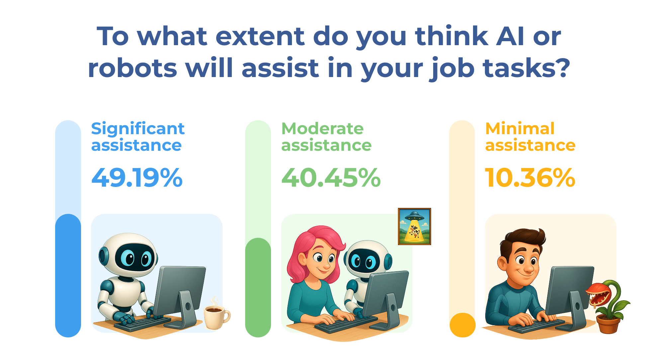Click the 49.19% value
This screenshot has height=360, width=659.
click(137, 178)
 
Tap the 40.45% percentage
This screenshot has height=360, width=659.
click(331, 178)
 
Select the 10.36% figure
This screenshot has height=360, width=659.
click(530, 178)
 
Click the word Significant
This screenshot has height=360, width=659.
click(138, 129)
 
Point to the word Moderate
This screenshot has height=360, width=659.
click(323, 129)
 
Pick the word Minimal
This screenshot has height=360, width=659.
click(520, 129)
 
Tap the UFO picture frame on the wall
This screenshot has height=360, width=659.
click(415, 226)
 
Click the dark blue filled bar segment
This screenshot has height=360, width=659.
click(68, 276)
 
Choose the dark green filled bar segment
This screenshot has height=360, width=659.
click(258, 288)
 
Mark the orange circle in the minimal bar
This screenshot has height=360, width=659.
click(462, 325)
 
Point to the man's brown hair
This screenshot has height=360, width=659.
click(521, 241)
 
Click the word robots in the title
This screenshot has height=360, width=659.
click(132, 68)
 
